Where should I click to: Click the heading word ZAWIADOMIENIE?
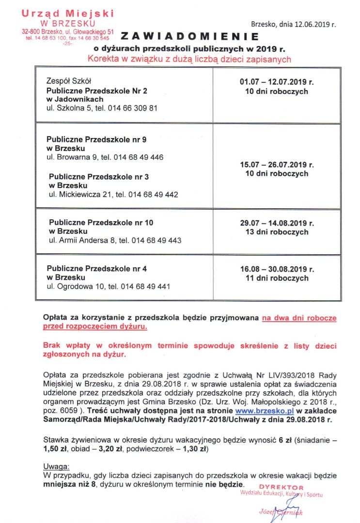pyautogui.click(x=190, y=36)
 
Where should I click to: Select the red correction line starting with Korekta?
pyautogui.click(x=189, y=60)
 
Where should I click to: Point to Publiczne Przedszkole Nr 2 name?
pyautogui.click(x=90, y=90)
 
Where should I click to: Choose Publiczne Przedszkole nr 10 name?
pyautogui.click(x=101, y=222)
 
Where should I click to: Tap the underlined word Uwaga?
pyautogui.click(x=56, y=467)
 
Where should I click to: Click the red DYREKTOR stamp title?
pyautogui.click(x=281, y=487)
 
